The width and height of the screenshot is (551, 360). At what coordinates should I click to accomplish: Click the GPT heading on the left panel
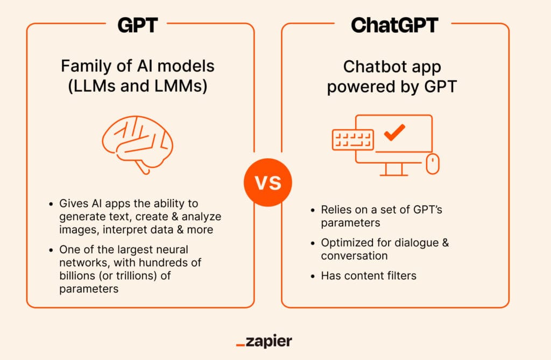(137, 25)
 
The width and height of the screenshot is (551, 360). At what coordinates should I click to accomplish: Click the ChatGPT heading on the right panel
(394, 25)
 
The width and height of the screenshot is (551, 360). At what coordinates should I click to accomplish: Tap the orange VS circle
(268, 182)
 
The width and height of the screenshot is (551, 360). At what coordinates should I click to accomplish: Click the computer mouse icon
(433, 164)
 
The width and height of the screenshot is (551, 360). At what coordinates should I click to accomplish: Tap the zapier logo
(264, 341)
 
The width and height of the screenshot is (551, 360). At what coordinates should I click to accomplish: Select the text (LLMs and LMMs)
(137, 86)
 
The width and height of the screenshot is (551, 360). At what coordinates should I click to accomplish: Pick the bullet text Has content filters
(369, 276)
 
